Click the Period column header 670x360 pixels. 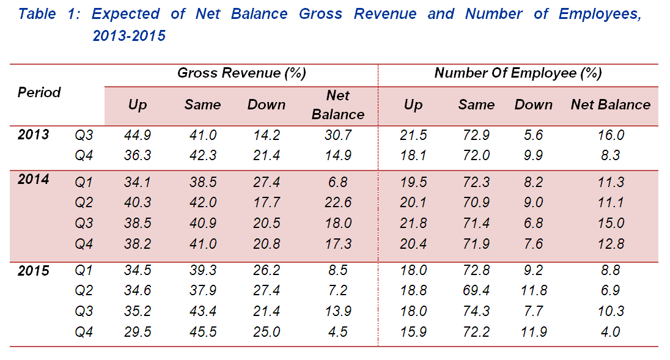(x=39, y=92)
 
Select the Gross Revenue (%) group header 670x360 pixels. (x=241, y=73)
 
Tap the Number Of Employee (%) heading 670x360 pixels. (x=518, y=73)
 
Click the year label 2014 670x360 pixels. (x=33, y=180)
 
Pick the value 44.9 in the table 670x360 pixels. (x=138, y=135)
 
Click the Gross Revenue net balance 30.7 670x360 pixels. (x=338, y=135)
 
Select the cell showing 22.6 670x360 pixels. (x=338, y=203)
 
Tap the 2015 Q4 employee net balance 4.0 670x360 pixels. (x=609, y=332)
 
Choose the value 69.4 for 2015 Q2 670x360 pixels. (x=476, y=291)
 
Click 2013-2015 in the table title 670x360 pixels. (x=129, y=37)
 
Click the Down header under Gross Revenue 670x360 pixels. (x=267, y=105)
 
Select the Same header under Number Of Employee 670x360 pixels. (x=476, y=105)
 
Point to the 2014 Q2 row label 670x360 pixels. (x=84, y=203)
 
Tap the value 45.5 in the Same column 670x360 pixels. (x=202, y=332)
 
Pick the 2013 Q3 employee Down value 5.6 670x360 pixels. (x=533, y=135)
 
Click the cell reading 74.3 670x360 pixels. (x=476, y=311)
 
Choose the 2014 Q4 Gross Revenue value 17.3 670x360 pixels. (x=338, y=244)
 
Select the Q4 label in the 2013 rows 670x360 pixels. (x=84, y=155)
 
